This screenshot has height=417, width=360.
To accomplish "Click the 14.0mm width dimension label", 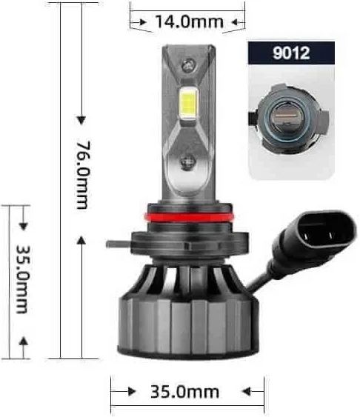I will pyautogui.click(x=188, y=22).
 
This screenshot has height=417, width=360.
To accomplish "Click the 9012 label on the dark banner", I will pyautogui.click(x=290, y=54).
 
